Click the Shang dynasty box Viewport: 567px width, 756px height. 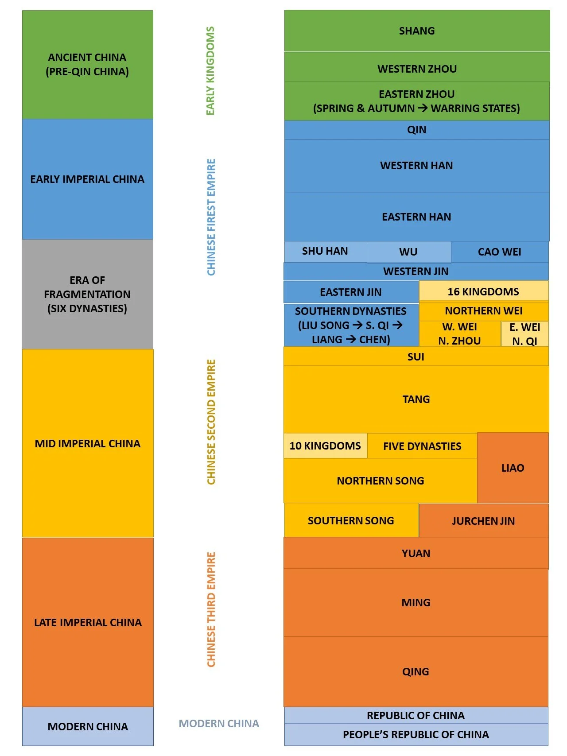point(417,31)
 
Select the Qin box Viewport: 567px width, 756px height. point(417,130)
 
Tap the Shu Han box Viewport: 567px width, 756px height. point(325,251)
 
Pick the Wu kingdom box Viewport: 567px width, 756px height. point(408,252)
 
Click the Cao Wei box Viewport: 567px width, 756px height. point(500,252)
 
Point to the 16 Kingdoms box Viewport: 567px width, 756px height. point(483,291)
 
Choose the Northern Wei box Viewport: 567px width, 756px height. point(484,311)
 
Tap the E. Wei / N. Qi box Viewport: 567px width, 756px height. point(525,334)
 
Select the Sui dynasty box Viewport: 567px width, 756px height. point(416,357)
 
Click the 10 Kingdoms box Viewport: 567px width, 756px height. point(325,446)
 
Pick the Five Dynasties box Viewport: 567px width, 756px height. point(422,446)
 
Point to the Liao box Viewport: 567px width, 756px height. point(513,468)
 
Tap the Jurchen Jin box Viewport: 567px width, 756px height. point(483,521)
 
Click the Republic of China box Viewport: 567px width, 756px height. point(416,715)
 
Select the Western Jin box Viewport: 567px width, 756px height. point(416,271)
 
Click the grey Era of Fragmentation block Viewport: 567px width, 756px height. point(87,294)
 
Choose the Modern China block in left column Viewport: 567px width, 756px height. point(88,726)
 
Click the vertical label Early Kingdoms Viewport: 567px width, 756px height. point(210,71)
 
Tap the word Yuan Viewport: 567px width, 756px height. point(416,553)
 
